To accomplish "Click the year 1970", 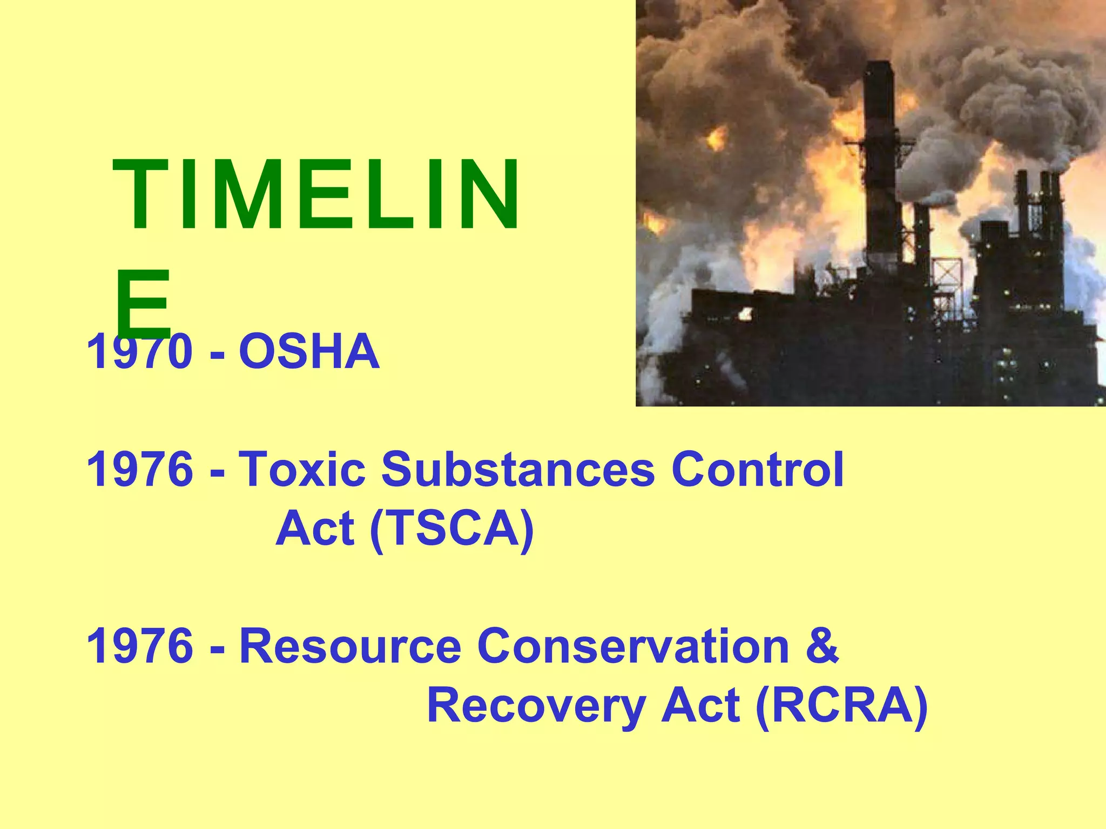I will click(x=139, y=352).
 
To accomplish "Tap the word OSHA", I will click(x=309, y=352).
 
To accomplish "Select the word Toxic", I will click(x=302, y=469).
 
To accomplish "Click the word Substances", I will click(x=518, y=469).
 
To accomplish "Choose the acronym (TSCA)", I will click(x=452, y=528).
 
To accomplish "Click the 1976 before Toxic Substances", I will click(x=139, y=469).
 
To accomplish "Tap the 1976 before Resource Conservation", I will click(x=139, y=646).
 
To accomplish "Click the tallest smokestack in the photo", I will click(x=879, y=162).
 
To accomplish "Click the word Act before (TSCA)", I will click(x=315, y=528).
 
